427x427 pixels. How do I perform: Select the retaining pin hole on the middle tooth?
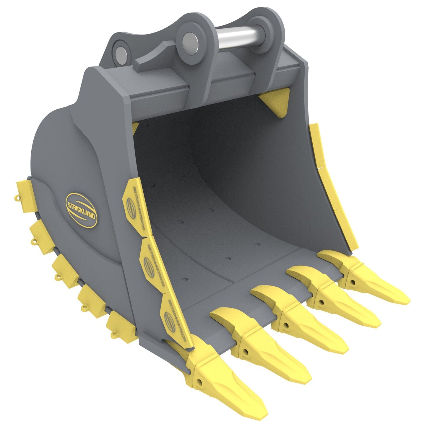[286, 325]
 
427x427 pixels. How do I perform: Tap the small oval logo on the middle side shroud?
[147, 262]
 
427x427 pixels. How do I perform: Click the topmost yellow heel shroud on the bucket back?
[25, 196]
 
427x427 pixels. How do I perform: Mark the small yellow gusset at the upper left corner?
[135, 128]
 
